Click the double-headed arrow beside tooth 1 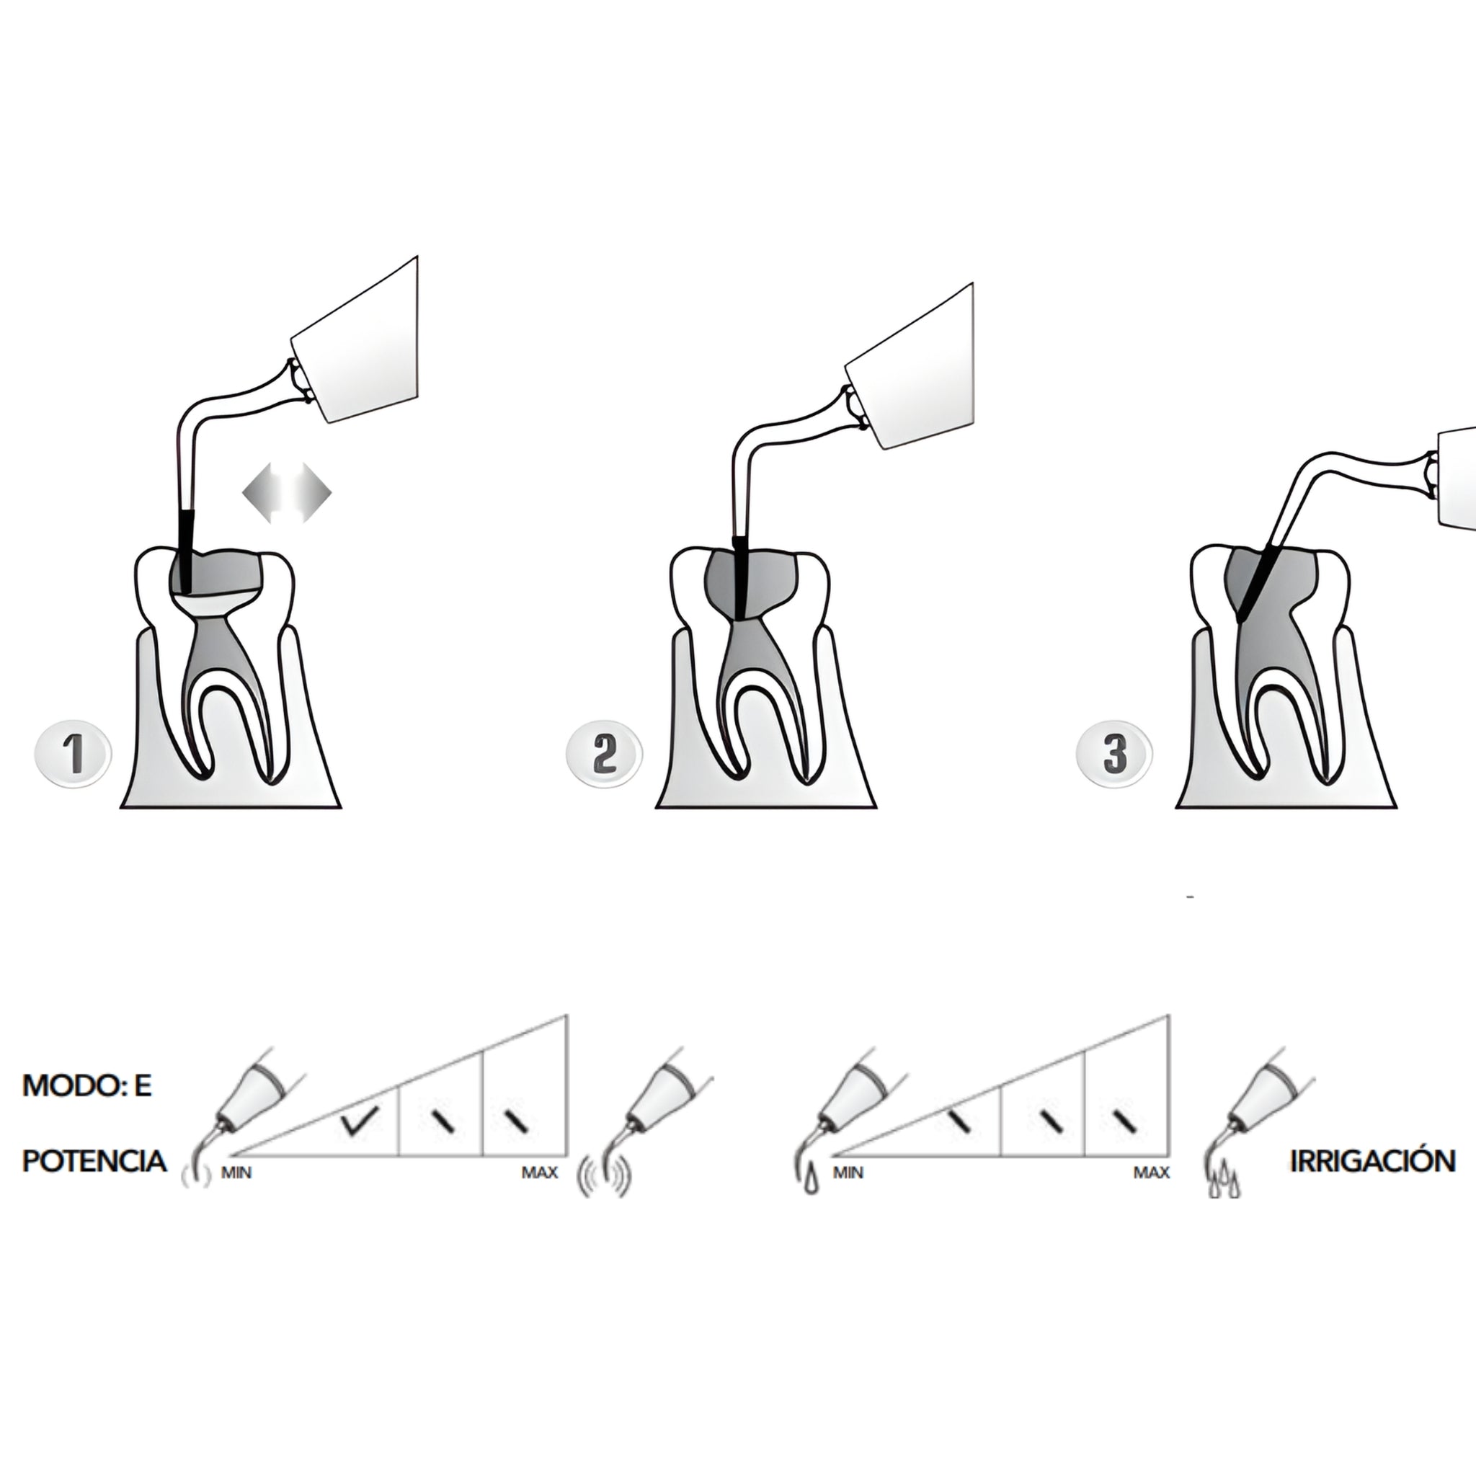(287, 493)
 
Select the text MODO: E (87, 1086)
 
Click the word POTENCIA (94, 1161)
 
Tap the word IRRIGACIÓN (1372, 1161)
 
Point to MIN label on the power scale (236, 1172)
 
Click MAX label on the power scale (539, 1172)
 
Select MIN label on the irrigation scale (848, 1172)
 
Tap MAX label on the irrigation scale (1151, 1172)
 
